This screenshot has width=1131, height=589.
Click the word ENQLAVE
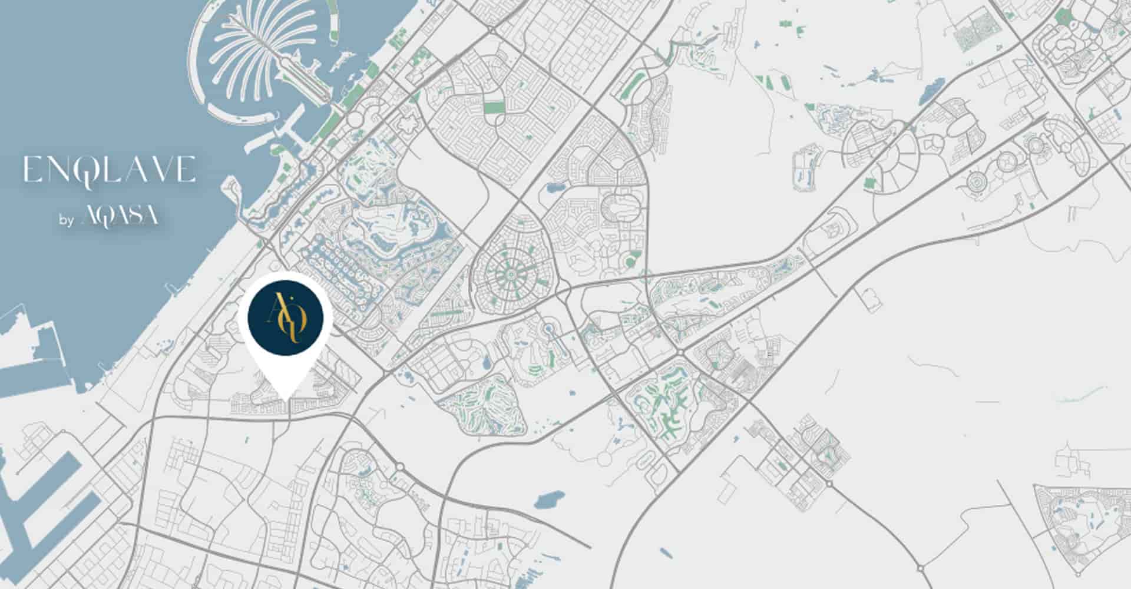point(109,170)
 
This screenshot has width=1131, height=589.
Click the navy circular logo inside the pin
point(286,318)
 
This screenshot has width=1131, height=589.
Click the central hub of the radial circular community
point(510,273)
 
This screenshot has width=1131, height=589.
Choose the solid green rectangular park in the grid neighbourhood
point(494,108)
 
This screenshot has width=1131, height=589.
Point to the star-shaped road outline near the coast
point(407,125)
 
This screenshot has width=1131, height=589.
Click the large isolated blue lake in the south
point(548,499)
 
